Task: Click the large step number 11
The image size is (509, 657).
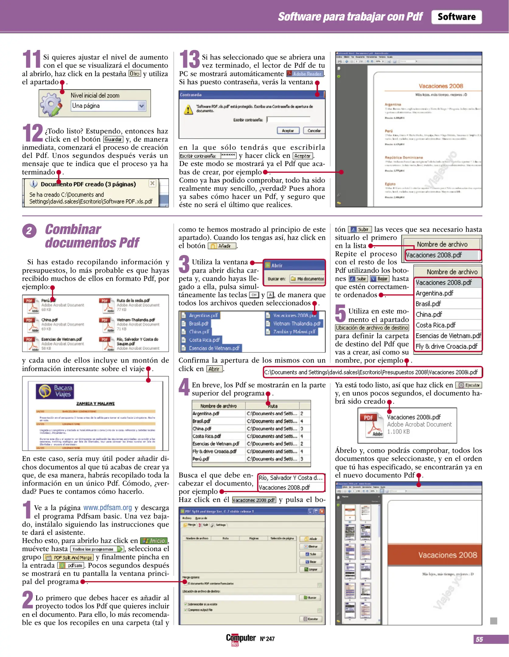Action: click(32, 59)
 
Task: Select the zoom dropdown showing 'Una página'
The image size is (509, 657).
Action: click(108, 106)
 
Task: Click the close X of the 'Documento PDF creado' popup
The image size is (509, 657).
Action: click(152, 183)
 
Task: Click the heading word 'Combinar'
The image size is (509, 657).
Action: click(73, 230)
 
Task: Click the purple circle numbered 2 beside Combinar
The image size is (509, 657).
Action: click(29, 231)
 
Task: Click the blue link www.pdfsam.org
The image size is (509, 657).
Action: click(108, 508)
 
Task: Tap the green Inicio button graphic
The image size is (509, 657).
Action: click(154, 541)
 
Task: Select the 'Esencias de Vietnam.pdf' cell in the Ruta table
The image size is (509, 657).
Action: click(216, 444)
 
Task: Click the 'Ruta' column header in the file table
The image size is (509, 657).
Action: click(272, 406)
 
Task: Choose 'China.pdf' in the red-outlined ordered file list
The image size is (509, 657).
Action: click(429, 315)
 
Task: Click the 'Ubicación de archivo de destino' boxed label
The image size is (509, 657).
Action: click(372, 328)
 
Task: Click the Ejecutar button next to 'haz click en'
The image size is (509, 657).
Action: click(469, 385)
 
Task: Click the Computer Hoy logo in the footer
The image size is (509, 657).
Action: click(241, 639)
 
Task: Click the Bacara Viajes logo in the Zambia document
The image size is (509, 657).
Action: click(55, 391)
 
